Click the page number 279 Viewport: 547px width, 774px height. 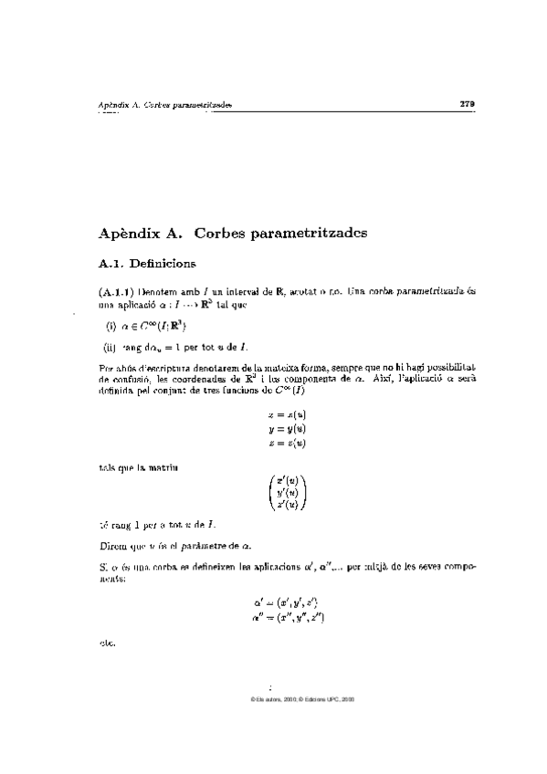click(467, 104)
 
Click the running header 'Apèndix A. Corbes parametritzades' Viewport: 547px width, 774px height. click(164, 105)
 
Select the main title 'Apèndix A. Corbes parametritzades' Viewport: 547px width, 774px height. click(232, 233)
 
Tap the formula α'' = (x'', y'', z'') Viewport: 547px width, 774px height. click(285, 618)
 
